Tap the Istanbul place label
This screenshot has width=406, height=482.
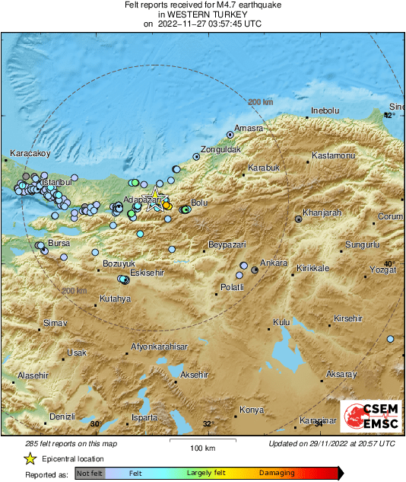tap(56, 183)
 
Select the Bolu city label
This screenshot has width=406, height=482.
tap(199, 203)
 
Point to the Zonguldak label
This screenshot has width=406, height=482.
tap(220, 149)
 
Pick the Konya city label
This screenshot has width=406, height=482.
tap(251, 410)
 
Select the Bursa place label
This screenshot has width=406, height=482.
tap(59, 244)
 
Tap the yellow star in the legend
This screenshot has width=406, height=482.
tap(30, 459)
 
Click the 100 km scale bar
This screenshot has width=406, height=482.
tap(200, 441)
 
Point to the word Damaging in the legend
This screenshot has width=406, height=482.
tap(277, 473)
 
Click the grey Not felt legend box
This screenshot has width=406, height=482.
tap(90, 473)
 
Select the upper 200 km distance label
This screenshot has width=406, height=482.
tap(260, 101)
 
